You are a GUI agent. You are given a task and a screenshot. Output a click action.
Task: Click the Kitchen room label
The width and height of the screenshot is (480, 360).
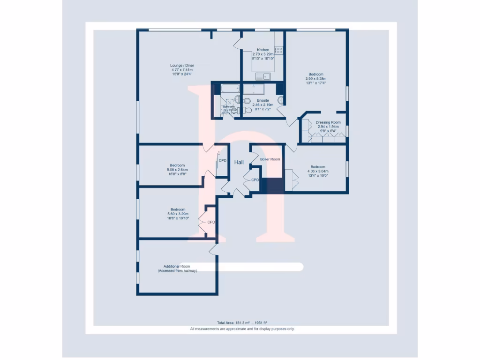click(262, 50)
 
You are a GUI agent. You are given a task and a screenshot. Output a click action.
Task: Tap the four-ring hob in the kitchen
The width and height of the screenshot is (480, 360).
click(279, 50)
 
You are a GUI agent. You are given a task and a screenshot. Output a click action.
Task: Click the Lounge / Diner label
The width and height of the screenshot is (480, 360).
click(182, 65)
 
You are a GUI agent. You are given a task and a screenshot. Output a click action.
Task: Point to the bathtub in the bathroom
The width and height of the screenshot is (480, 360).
click(225, 88)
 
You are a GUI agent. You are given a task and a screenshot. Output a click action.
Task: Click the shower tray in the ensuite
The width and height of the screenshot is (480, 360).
click(254, 89)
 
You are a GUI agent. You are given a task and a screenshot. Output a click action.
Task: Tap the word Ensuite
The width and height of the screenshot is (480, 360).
click(262, 100)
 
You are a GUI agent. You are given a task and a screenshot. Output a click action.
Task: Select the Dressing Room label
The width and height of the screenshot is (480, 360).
click(328, 122)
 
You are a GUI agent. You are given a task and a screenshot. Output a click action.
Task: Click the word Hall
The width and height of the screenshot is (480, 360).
click(239, 162)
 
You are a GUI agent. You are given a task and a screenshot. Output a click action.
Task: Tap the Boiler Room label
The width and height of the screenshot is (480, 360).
click(270, 159)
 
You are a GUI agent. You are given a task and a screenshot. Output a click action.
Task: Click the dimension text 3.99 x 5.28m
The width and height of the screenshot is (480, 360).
click(315, 79)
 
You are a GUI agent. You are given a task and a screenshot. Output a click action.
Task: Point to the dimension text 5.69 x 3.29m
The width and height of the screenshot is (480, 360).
click(178, 214)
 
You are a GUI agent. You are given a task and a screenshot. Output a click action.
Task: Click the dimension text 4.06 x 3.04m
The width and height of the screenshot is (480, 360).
click(318, 171)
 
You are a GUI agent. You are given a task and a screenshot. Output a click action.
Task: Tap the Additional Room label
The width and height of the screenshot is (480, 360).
click(177, 266)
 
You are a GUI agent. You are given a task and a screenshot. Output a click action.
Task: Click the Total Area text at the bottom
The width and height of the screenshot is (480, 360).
click(242, 323)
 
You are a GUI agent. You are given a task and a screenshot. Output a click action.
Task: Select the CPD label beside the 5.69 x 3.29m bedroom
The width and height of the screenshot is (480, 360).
click(211, 222)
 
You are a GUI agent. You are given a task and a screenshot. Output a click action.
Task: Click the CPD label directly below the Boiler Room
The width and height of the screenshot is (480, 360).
click(255, 180)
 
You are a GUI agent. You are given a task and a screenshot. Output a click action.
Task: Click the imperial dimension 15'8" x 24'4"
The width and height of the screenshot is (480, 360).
click(182, 74)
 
